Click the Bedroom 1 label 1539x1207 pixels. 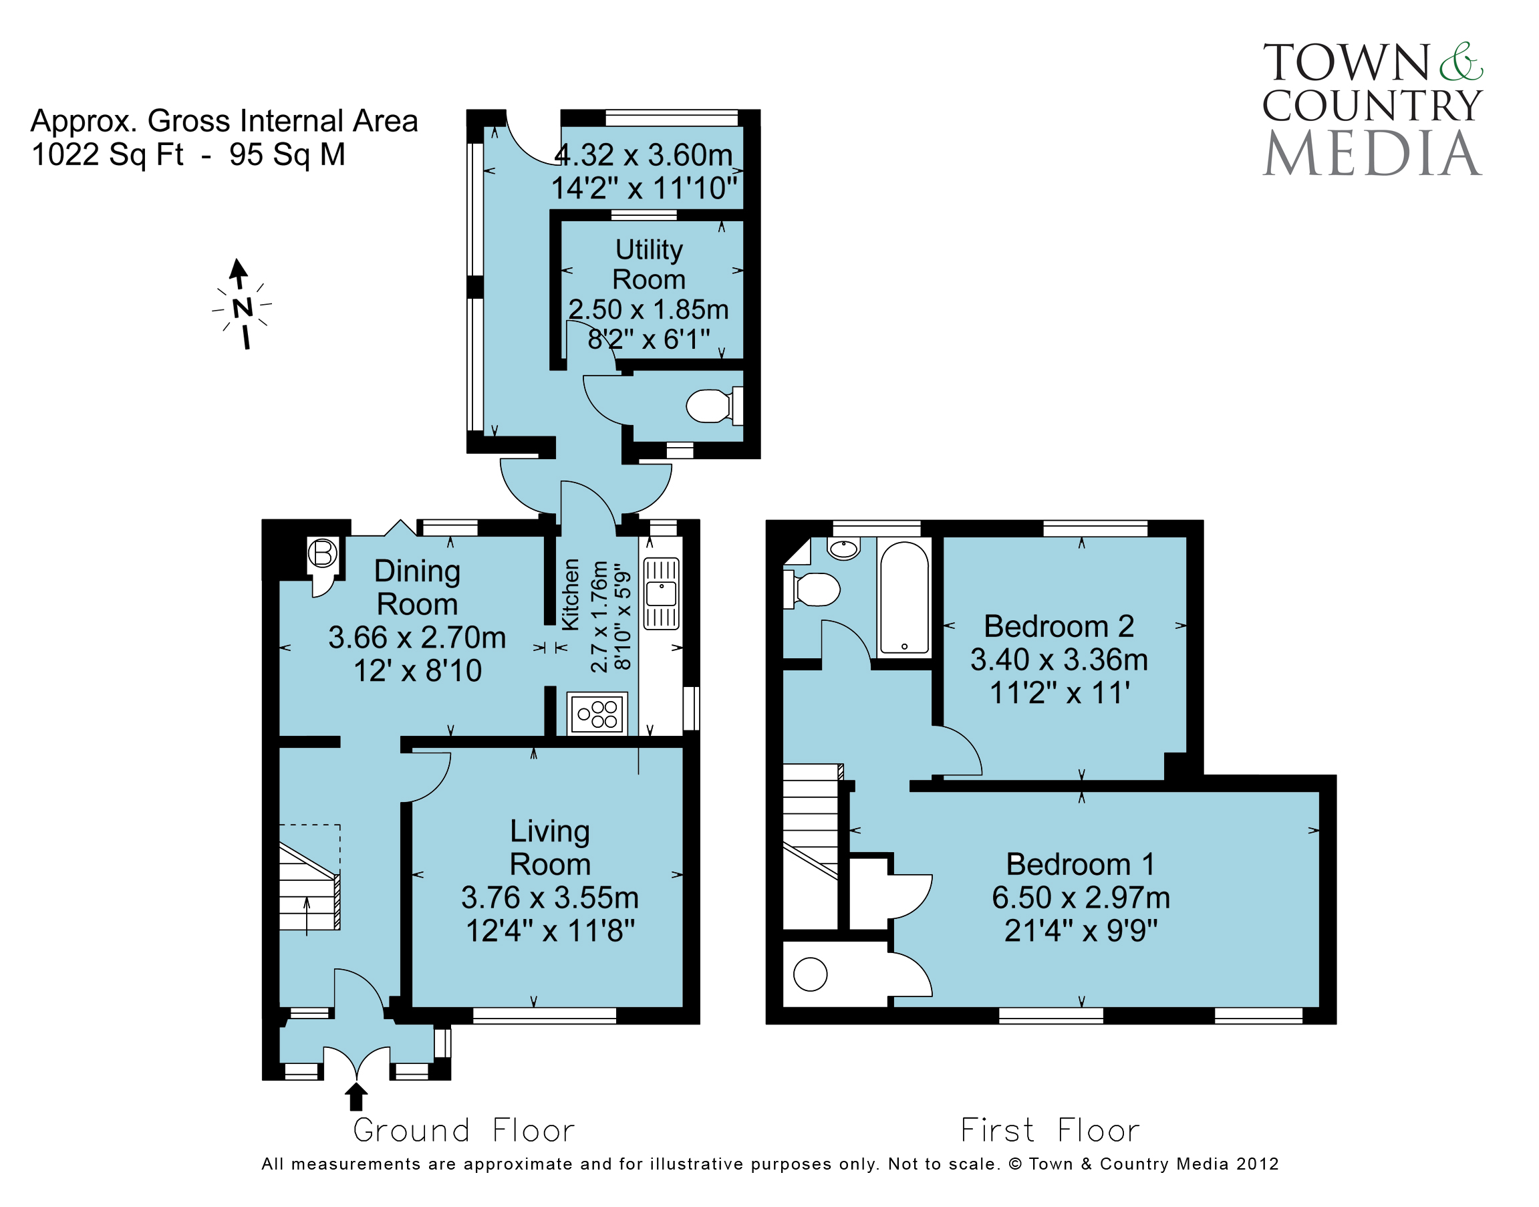(1081, 863)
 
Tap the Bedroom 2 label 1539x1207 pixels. (1059, 626)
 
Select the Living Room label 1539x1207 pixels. (550, 847)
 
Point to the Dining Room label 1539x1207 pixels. (417, 587)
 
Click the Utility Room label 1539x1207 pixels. (649, 264)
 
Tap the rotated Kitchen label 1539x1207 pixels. (570, 594)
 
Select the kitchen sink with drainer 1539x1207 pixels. (661, 593)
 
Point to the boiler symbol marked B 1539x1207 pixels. (323, 553)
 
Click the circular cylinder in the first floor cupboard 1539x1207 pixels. (810, 974)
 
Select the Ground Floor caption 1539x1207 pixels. (464, 1131)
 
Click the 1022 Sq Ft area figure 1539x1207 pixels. (108, 155)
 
